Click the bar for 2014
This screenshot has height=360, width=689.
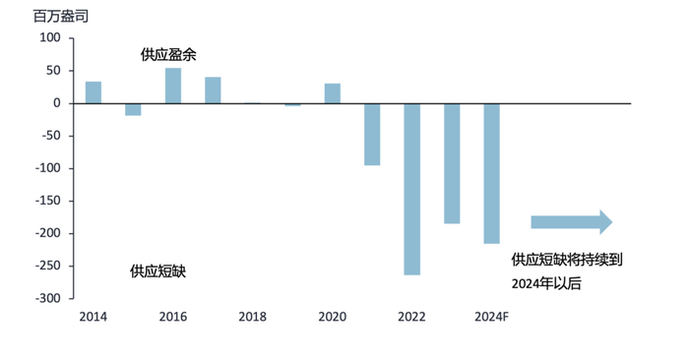point(94,92)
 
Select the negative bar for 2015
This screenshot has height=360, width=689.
point(133,109)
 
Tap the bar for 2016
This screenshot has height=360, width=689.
point(173,86)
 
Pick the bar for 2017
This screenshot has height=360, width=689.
point(213,90)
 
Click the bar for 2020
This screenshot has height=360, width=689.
point(333,93)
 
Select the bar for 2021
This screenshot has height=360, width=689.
point(372,134)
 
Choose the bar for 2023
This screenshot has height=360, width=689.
point(452,163)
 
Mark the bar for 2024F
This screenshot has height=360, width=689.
point(491,173)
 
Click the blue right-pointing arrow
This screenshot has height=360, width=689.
point(571,221)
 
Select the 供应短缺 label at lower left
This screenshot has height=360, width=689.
point(157,270)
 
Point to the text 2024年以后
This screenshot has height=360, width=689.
point(546,283)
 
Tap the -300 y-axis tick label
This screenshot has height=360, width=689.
point(47,298)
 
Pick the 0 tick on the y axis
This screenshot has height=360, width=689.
point(57,103)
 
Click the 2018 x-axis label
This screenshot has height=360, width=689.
point(253,317)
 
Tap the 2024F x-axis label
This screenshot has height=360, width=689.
point(491,317)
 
